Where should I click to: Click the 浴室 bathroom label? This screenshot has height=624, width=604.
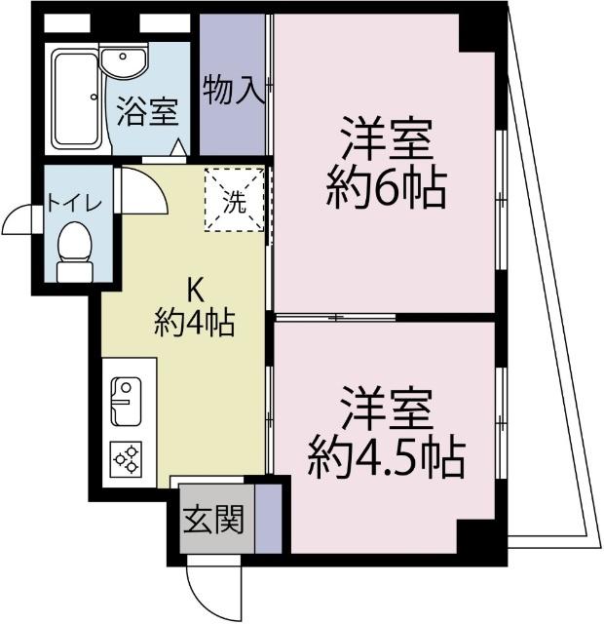(x=147, y=112)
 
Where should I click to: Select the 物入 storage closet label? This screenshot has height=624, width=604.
(x=234, y=91)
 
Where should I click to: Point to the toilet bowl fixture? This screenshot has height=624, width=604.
(x=73, y=249)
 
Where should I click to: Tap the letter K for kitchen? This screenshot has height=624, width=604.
(x=195, y=289)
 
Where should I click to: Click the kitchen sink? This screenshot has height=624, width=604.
(x=126, y=401)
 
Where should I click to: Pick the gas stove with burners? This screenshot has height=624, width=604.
(x=127, y=459)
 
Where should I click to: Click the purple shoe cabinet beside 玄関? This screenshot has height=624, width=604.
(x=268, y=517)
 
